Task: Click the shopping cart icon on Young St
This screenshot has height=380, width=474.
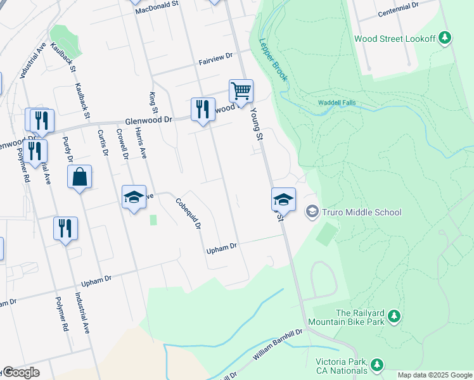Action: coord(241,91)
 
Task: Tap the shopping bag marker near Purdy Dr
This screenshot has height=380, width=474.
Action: coord(80,177)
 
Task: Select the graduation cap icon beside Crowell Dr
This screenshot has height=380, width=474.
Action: coord(134,198)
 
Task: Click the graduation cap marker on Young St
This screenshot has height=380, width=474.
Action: coord(283,200)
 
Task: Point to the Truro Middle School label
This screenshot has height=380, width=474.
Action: coord(362,212)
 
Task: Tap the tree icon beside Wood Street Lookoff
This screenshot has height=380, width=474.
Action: coord(445,39)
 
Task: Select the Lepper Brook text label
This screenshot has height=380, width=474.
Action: coord(273,60)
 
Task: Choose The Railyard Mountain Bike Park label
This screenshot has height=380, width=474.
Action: coord(361,317)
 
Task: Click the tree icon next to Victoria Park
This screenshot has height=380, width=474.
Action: coord(378,364)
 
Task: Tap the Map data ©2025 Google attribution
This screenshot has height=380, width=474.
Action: coord(435,375)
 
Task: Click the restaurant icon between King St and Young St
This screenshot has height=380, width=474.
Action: coord(202,110)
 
